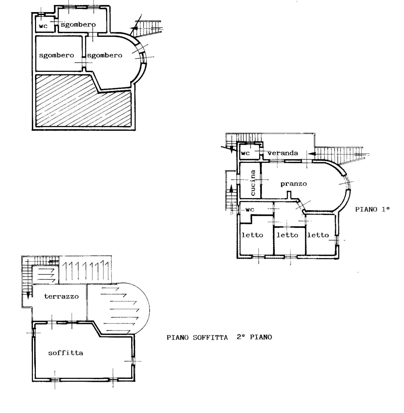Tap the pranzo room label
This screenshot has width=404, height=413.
[x=294, y=184]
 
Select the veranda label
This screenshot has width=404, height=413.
[x=283, y=153]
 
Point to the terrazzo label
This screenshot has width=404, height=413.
[x=61, y=296]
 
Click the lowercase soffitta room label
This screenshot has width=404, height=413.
[x=65, y=353]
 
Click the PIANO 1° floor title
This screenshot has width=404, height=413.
[x=372, y=209]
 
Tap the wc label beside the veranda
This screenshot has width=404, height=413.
[x=245, y=153]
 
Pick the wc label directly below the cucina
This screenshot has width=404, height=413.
[x=250, y=210]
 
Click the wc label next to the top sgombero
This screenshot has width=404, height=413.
[x=43, y=26]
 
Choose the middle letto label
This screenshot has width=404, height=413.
[x=287, y=235]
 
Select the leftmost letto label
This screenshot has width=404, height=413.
[x=252, y=235]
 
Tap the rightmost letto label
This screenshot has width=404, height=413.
[x=318, y=235]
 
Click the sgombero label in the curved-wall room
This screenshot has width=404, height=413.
[x=105, y=55]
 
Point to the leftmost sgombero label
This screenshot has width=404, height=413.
[x=56, y=55]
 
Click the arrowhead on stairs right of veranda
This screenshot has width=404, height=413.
[x=312, y=154]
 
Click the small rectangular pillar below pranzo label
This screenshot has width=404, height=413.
[x=289, y=195]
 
